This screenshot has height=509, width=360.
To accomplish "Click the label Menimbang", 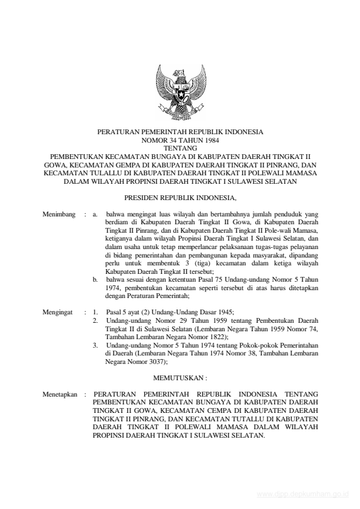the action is click(x=59, y=214).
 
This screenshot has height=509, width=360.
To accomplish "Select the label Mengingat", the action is click(x=57, y=313).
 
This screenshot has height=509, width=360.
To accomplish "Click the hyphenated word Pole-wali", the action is click(x=272, y=230).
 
